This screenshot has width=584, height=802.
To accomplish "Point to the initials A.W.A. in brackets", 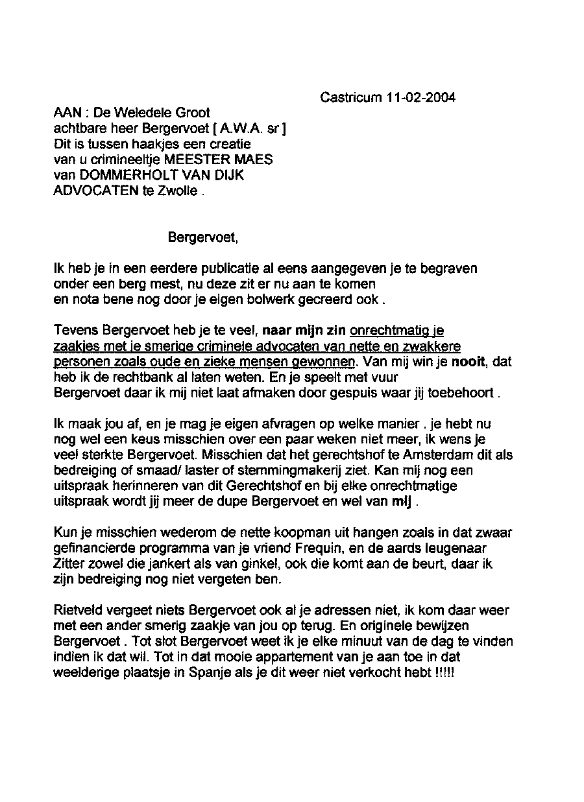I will pos(235,128).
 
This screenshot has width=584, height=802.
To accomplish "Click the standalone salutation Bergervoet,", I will pos(203,237).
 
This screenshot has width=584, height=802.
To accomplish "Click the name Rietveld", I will pos(76,611).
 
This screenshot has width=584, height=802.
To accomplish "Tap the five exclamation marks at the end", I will pos(446,673).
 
